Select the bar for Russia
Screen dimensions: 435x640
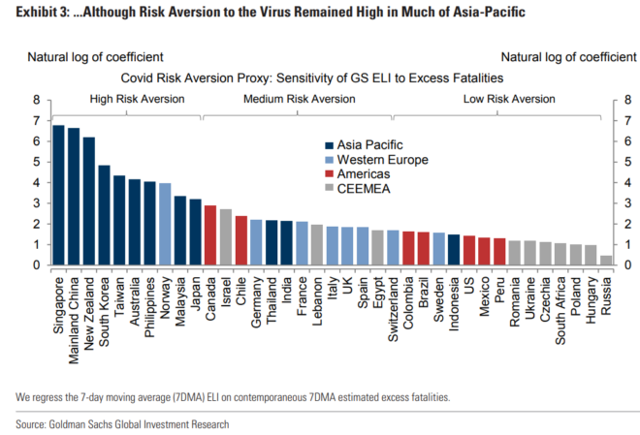[x=606, y=260]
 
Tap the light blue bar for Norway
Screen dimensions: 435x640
[x=165, y=224]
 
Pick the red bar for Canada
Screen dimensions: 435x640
[x=210, y=235]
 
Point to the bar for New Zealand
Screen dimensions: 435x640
[x=89, y=201]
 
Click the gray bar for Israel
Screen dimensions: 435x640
[x=225, y=237]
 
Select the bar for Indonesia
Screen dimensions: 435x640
[x=454, y=249]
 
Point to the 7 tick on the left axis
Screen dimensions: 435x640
[x=35, y=120]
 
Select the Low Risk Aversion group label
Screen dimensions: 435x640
[x=509, y=99]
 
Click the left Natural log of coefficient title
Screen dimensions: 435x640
[x=95, y=57]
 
